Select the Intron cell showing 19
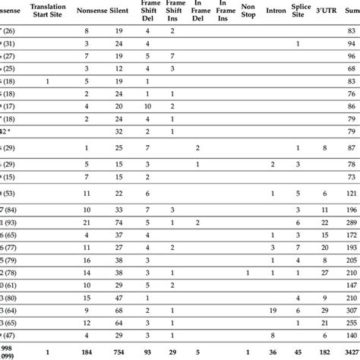[x=273, y=310]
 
